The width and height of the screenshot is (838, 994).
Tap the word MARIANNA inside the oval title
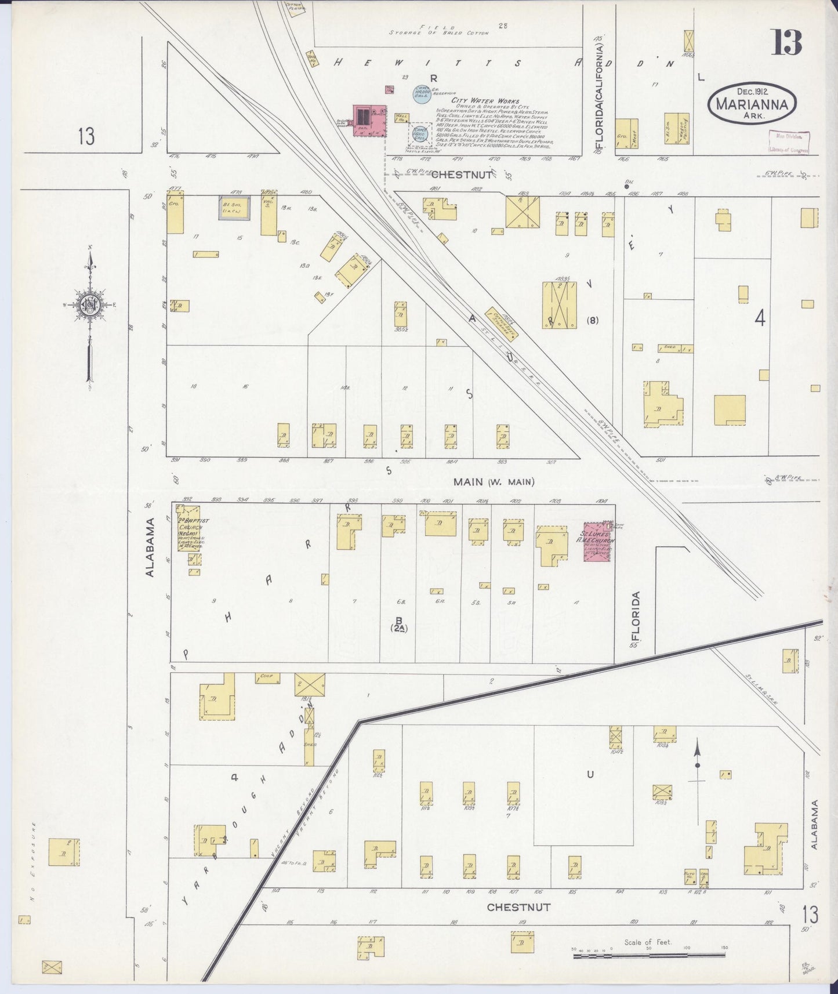(x=752, y=105)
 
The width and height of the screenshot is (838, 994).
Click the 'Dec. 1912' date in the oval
(x=752, y=91)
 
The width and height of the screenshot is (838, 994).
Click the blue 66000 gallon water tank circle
(x=419, y=132)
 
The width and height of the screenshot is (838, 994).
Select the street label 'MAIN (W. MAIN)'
(x=494, y=481)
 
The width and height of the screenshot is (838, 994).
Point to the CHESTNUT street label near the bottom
(x=510, y=922)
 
